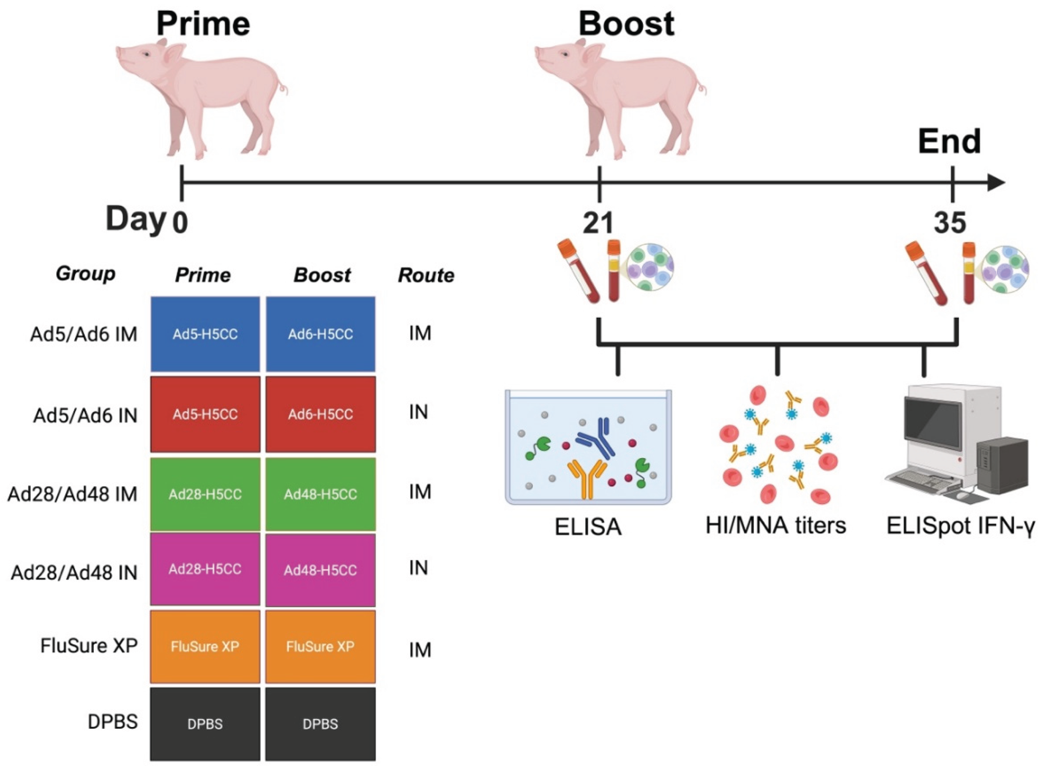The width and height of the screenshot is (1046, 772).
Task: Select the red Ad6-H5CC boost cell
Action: [320, 414]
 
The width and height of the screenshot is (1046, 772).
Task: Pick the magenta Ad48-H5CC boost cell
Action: [320, 570]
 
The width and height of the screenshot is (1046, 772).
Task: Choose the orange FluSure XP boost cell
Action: [320, 647]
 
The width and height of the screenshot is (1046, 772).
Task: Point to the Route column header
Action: [426, 275]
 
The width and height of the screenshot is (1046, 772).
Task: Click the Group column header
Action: [86, 273]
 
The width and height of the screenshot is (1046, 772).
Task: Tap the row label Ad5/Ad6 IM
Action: [84, 334]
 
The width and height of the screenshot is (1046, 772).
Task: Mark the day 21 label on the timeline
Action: [598, 223]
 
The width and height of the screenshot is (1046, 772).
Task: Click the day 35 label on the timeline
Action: [950, 223]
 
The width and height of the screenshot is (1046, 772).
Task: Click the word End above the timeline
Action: [949, 141]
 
